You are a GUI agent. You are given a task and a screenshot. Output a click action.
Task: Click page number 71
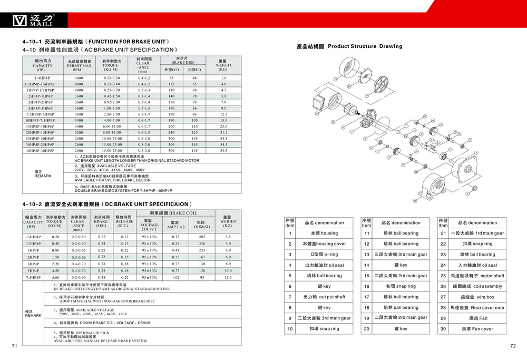pos(15,346)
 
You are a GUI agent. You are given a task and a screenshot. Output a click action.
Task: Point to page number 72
pos(513,346)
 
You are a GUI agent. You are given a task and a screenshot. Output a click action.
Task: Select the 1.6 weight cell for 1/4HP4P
pos(223,78)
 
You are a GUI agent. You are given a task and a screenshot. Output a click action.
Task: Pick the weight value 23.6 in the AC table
pos(223,127)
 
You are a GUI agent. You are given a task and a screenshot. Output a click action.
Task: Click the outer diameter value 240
pos(171,133)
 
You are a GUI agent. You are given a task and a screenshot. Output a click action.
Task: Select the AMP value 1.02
pos(175,277)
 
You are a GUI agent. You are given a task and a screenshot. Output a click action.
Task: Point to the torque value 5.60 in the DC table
pos(55,277)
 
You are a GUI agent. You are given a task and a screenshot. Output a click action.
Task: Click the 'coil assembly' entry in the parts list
pos(478,286)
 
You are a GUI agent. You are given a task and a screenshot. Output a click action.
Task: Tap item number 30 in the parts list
pos(443,329)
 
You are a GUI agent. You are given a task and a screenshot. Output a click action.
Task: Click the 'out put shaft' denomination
pos(325,297)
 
